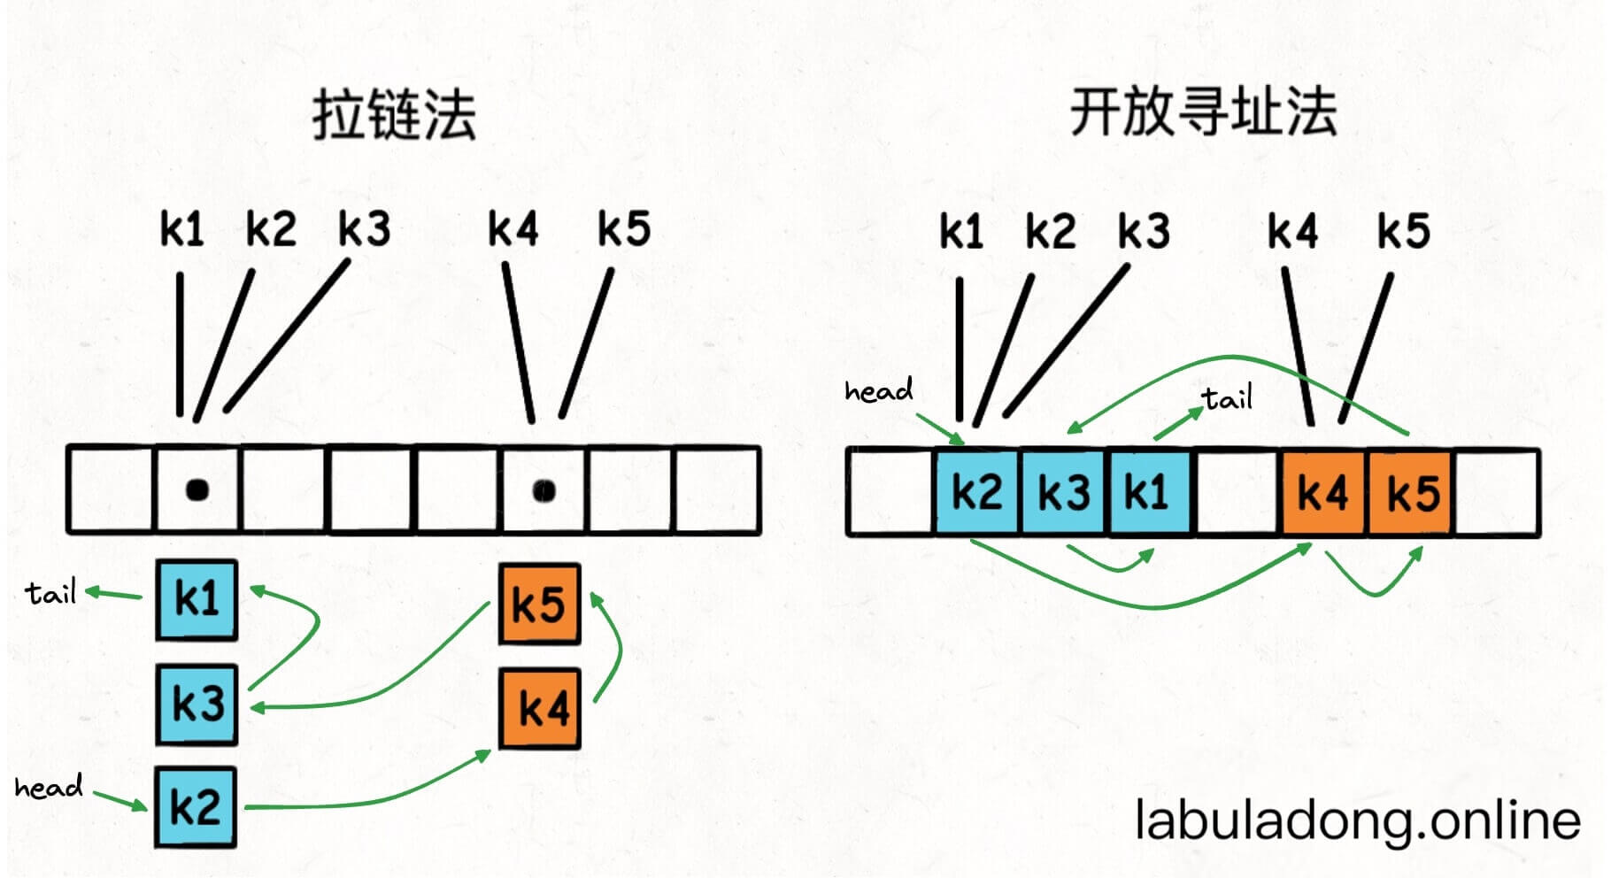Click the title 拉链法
pos(394,115)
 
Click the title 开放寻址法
pos(1203,112)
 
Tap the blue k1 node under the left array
pos(197,599)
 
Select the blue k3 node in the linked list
pos(197,704)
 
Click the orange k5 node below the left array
pos(539,604)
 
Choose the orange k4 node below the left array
pos(540,708)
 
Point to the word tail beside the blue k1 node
pos(50,592)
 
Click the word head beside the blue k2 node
pos(49,787)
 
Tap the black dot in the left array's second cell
pos(197,489)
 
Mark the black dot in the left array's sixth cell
pos(544,489)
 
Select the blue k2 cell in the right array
pos(976,492)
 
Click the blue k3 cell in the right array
pos(1063,492)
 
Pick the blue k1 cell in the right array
pos(1148,492)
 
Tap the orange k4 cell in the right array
pos(1322,492)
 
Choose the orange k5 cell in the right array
pos(1411,492)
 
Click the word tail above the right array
pos(1228,398)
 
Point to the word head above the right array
pos(878,390)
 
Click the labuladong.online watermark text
pos(1357,820)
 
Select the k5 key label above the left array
pos(624,229)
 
